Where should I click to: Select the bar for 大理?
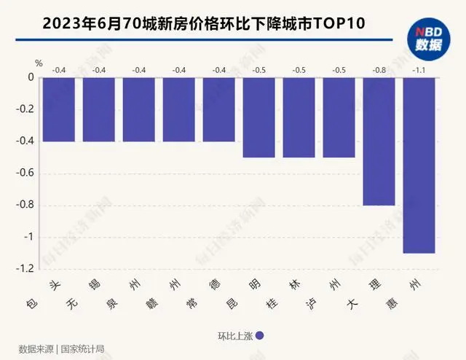(x=379, y=141)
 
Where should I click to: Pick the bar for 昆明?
(x=258, y=117)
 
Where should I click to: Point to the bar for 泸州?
(x=339, y=117)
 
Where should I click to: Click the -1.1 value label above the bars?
(x=419, y=70)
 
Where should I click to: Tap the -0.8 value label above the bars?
(x=379, y=70)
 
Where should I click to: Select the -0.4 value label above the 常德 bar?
(x=219, y=70)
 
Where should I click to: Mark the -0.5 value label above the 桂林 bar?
(x=299, y=70)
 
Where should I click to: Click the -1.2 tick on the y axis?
(x=25, y=269)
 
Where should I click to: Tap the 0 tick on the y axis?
(x=31, y=77)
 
